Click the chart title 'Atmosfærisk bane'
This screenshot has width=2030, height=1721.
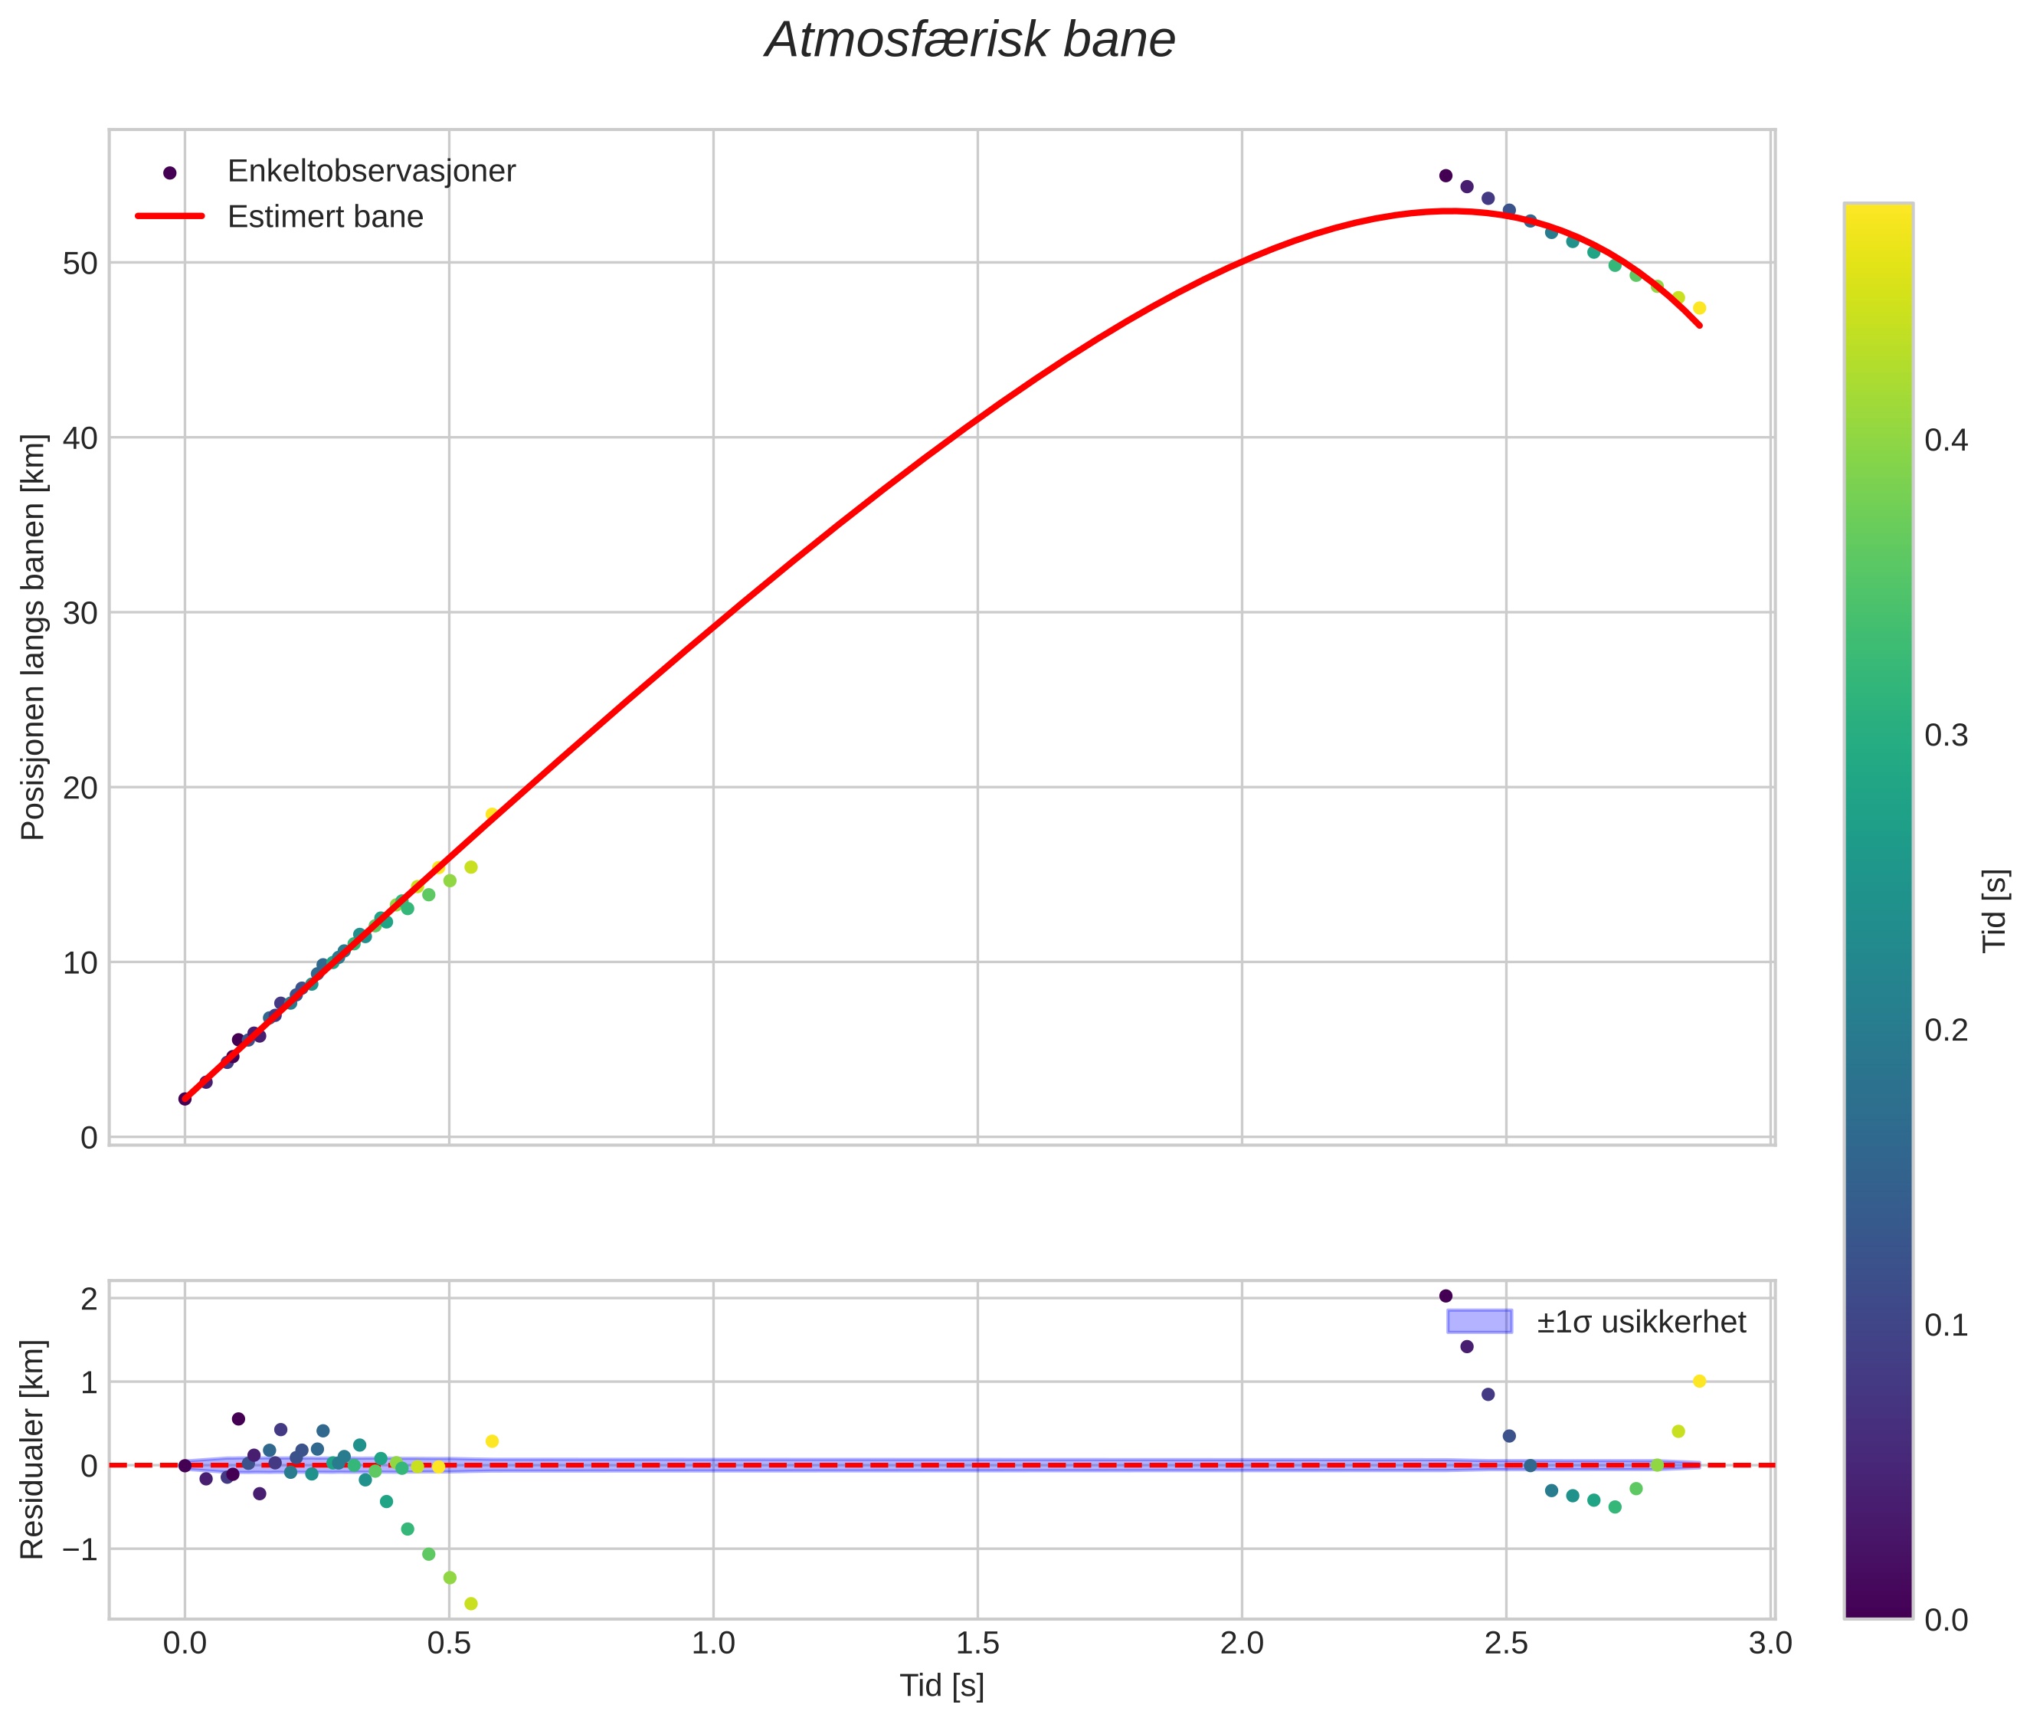970,41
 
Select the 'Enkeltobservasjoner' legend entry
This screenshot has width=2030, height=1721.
371,172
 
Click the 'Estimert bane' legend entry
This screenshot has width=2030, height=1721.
325,217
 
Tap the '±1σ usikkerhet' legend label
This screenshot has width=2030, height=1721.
1641,1322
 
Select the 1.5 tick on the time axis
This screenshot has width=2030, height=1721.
977,1643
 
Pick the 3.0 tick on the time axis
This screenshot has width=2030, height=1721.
1770,1643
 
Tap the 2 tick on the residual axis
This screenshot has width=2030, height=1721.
89,1299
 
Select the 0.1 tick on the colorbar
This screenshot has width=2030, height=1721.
1945,1325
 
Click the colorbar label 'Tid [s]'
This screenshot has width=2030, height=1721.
1996,910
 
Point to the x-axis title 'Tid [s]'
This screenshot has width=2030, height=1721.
941,1686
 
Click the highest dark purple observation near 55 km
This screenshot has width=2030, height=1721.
1446,175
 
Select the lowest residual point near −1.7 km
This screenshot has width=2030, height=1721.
471,1604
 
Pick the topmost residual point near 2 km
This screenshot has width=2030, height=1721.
1446,1296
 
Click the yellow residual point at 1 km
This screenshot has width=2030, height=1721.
1699,1382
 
